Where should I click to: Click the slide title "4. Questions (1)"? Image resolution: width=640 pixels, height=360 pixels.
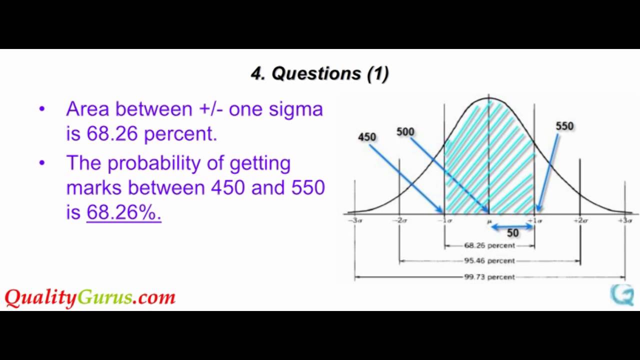[319, 74]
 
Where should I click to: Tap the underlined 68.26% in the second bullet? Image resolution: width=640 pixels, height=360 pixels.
[123, 212]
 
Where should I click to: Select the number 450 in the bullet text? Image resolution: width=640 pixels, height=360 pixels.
[228, 187]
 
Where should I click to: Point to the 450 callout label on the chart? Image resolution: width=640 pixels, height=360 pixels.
[367, 136]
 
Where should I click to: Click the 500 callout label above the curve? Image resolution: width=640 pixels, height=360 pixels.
[405, 131]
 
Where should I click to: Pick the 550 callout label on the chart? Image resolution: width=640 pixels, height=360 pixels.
[564, 126]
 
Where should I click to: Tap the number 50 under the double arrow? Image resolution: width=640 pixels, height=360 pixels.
[512, 233]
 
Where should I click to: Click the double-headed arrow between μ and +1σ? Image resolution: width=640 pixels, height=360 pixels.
[512, 226]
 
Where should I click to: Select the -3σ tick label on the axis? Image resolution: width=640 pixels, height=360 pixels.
[354, 220]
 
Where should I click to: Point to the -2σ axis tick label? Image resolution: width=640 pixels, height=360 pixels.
[399, 220]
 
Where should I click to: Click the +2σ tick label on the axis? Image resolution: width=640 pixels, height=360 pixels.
[580, 220]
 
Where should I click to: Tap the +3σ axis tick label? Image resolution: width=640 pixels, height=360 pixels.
[625, 220]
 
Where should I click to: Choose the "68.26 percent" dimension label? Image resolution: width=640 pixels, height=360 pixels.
[489, 245]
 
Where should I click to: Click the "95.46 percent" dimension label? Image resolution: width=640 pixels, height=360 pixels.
[489, 260]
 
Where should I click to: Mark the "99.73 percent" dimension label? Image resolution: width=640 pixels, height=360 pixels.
[489, 276]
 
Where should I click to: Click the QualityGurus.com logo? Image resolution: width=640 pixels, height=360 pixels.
[90, 297]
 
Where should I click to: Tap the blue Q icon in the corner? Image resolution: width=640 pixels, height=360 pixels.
[622, 294]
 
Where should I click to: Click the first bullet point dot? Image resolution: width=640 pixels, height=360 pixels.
[42, 109]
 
